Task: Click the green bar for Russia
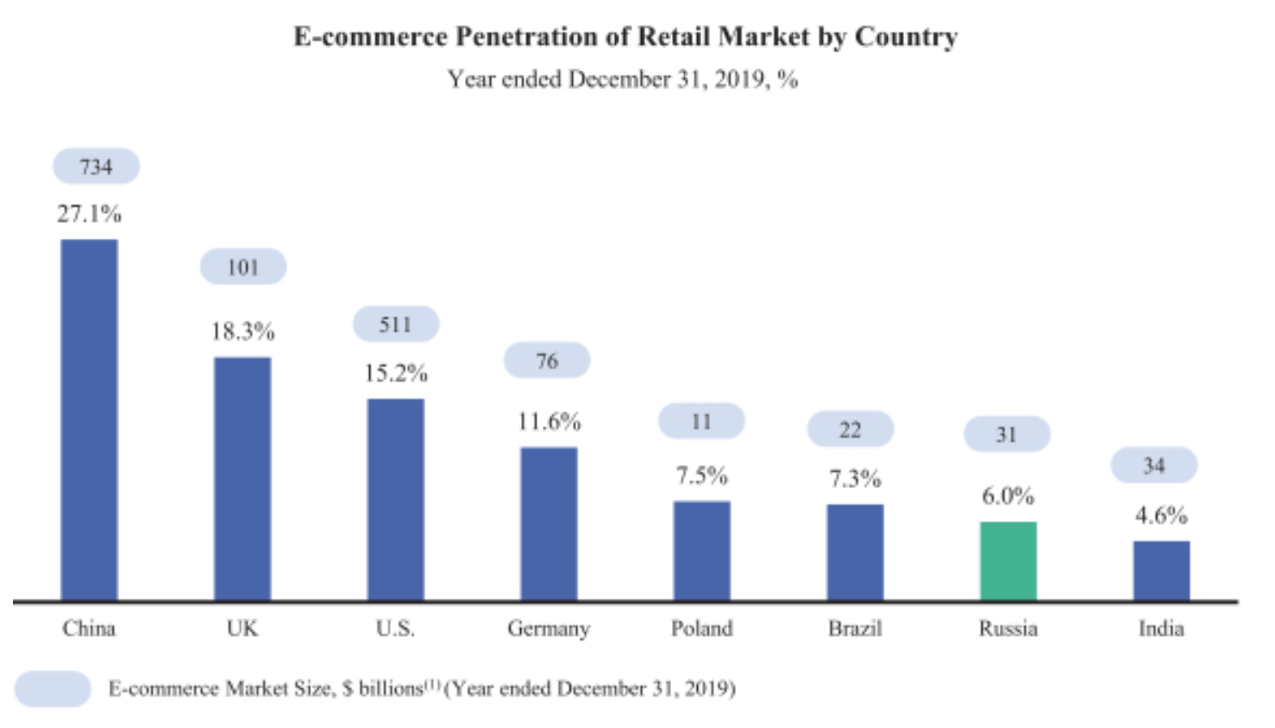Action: point(1008,561)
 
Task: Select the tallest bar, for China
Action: point(89,419)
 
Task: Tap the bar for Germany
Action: point(549,523)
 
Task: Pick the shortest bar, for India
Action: point(1161,570)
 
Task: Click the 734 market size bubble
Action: point(96,166)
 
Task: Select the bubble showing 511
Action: point(396,324)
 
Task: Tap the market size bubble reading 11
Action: point(701,421)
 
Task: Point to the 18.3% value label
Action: point(242,331)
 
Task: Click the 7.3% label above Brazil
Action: point(855,479)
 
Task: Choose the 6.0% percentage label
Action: point(1008,496)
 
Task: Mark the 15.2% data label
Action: point(396,373)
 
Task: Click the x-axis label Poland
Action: point(701,628)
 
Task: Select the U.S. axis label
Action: point(395,628)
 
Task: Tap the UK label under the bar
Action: point(242,628)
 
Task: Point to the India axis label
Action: point(1161,628)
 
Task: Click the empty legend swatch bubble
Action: point(53,689)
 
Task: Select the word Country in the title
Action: point(906,37)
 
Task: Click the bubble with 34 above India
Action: point(1153,466)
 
